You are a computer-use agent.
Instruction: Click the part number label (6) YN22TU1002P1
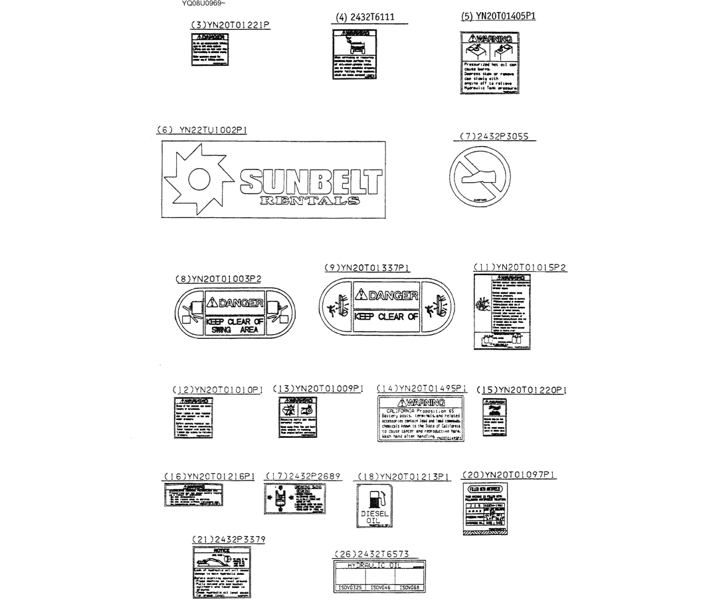coord(201,131)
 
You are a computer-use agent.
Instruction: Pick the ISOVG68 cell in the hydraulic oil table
coord(411,588)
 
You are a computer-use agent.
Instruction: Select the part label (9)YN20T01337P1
coord(367,268)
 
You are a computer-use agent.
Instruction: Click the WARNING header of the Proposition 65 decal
coord(421,403)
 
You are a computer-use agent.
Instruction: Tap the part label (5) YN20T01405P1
coord(498,17)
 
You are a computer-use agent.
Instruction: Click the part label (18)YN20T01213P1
coord(404,476)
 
